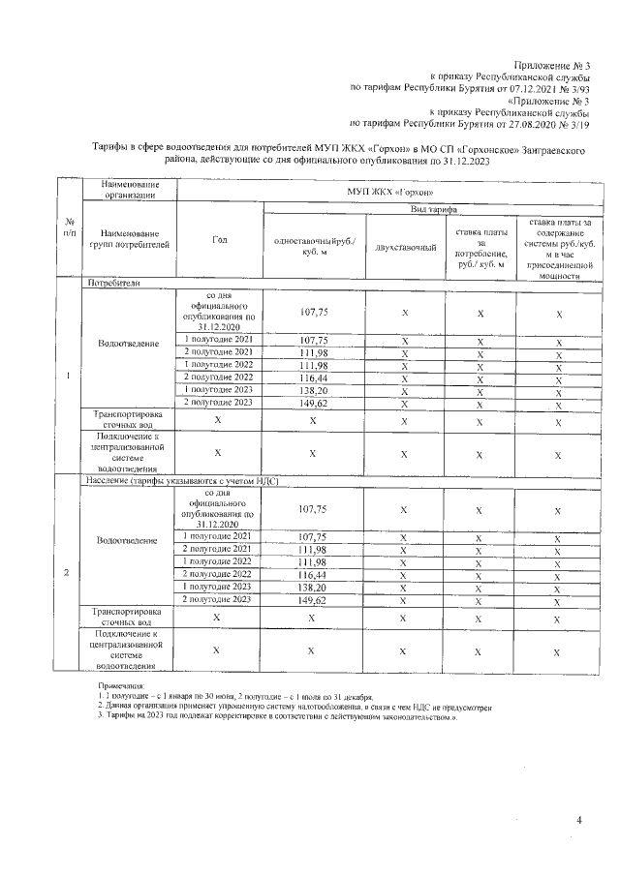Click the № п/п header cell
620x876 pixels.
pyautogui.click(x=66, y=228)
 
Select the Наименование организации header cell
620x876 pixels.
pyautogui.click(x=131, y=190)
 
